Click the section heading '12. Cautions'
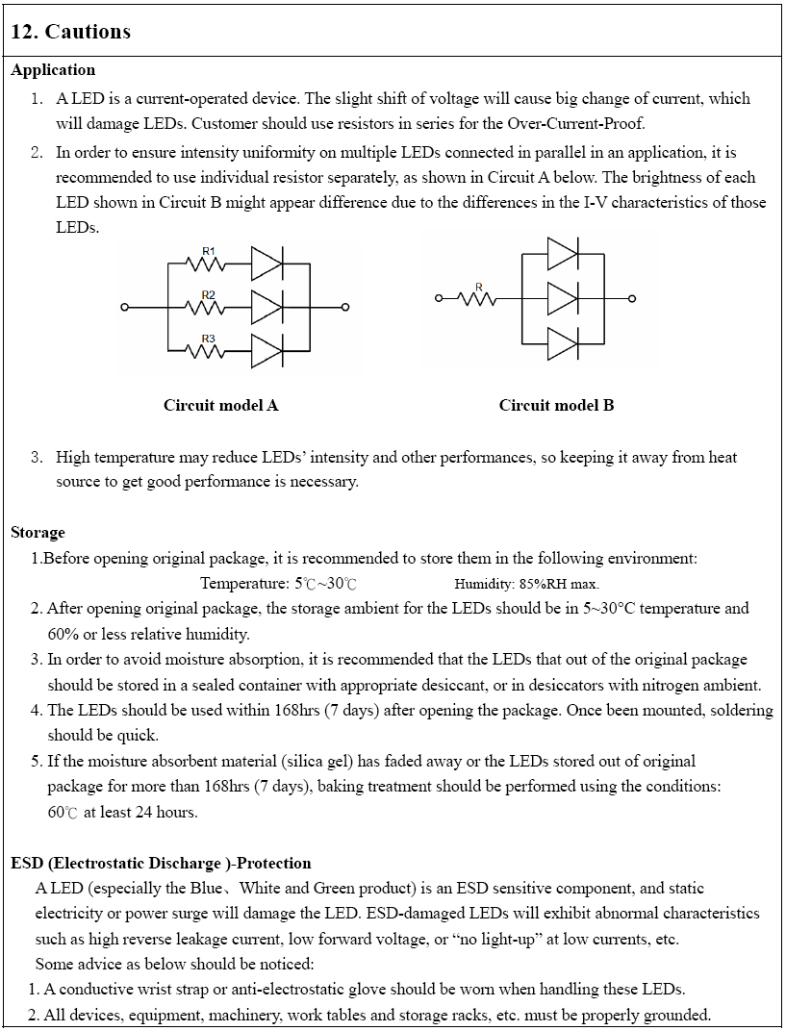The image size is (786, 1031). pyautogui.click(x=70, y=32)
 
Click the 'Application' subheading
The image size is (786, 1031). pyautogui.click(x=53, y=70)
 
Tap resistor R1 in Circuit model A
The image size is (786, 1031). pyautogui.click(x=209, y=263)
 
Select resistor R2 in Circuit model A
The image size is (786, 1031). pyautogui.click(x=209, y=307)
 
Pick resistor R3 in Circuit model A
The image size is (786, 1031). pyautogui.click(x=209, y=351)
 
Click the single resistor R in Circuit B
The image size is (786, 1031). pyautogui.click(x=479, y=298)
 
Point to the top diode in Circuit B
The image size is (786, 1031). pyautogui.click(x=562, y=254)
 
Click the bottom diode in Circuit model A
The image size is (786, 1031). pyautogui.click(x=266, y=351)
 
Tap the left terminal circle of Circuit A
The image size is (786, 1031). pyautogui.click(x=124, y=308)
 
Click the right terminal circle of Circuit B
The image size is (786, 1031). pyautogui.click(x=632, y=298)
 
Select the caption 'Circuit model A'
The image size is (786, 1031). pyautogui.click(x=220, y=405)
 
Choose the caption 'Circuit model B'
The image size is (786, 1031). pyautogui.click(x=556, y=405)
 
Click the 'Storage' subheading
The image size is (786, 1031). pyautogui.click(x=38, y=532)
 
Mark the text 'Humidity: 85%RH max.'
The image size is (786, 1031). pyautogui.click(x=526, y=584)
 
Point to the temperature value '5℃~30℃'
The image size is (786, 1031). pyautogui.click(x=326, y=584)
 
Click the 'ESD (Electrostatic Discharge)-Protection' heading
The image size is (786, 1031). pyautogui.click(x=161, y=863)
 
